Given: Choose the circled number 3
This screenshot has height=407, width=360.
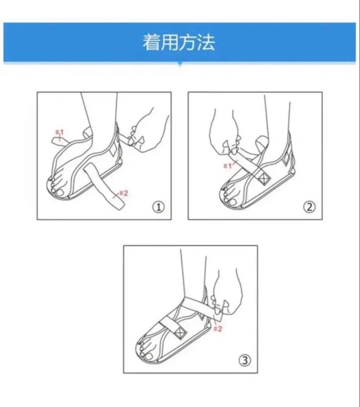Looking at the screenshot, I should pos(245,360).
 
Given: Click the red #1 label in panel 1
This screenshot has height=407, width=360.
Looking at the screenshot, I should pos(59,133).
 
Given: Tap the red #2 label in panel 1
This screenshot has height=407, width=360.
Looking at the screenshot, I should pos(124,193).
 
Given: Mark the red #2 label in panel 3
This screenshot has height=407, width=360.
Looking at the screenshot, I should pos(218,329).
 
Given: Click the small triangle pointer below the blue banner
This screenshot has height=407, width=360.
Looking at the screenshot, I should pos(180,65).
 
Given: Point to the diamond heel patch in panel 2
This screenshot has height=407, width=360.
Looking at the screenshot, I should pos(286,159).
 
